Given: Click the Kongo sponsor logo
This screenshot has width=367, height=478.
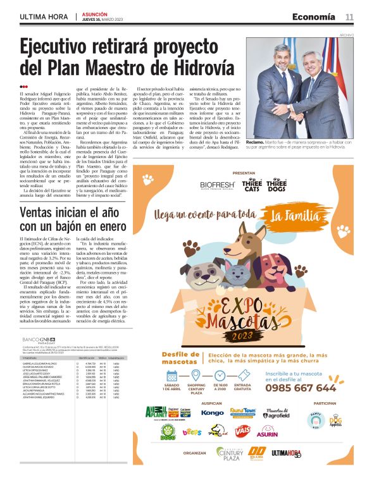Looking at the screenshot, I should [213, 412].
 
